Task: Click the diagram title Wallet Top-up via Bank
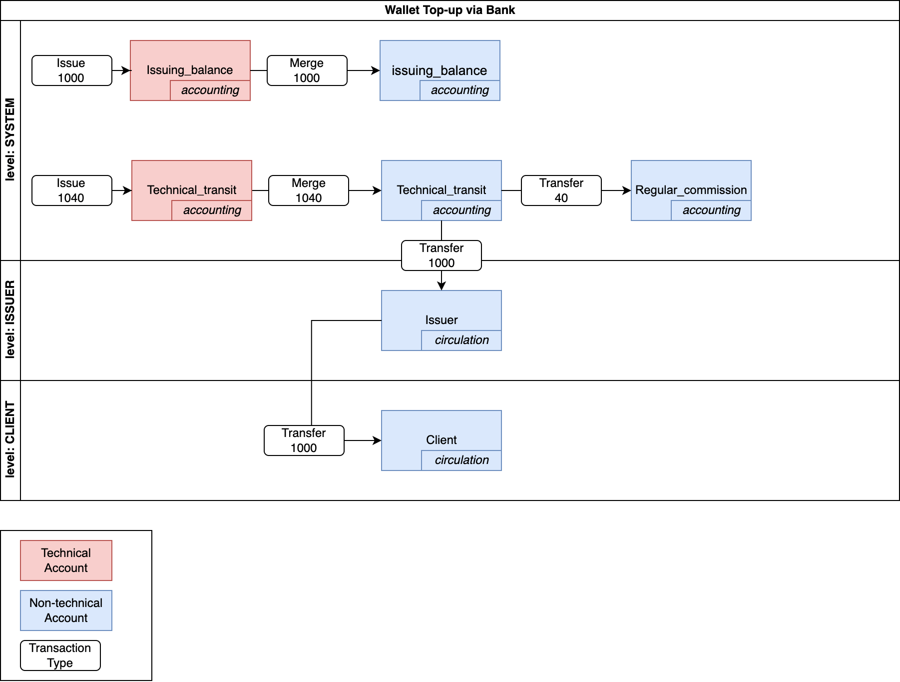tap(450, 10)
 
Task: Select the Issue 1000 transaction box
tap(71, 70)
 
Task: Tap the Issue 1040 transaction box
tap(71, 190)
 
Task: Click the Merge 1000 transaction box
tap(307, 70)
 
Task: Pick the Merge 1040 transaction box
tap(308, 190)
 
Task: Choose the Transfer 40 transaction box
tap(561, 190)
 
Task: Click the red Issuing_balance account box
tap(190, 62)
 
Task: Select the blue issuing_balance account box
tap(440, 62)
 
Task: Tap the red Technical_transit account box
tap(191, 182)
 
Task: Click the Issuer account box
tap(441, 312)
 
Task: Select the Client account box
tap(441, 432)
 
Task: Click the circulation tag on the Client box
tap(461, 460)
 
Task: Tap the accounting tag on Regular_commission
tap(711, 210)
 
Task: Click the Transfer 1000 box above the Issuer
tap(441, 255)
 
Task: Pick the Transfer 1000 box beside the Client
tap(304, 440)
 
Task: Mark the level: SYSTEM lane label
tap(10, 140)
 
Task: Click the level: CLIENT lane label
tap(10, 440)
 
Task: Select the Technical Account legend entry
tap(66, 560)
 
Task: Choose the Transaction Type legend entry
tap(60, 655)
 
